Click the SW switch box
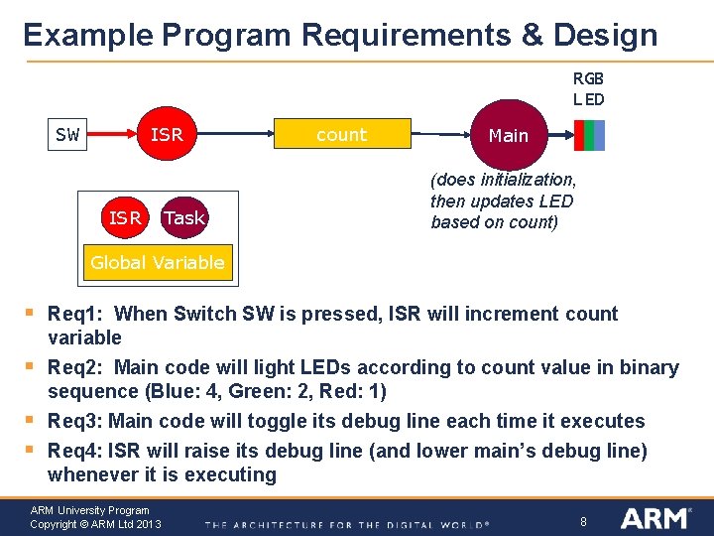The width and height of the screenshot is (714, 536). coord(67,135)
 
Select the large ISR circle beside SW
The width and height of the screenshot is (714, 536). coord(167,135)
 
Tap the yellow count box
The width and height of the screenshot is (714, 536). coord(341,135)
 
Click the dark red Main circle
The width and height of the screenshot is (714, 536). coord(508,135)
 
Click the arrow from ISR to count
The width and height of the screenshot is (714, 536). coord(237,135)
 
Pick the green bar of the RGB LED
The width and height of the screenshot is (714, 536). coord(589,135)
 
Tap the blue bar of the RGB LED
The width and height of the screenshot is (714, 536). coord(599,135)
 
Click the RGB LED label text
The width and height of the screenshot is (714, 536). coord(588,88)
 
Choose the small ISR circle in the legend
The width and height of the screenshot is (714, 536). coord(125,217)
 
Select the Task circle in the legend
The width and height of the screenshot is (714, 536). coord(183,217)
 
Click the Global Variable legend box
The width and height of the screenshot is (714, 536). coord(157,263)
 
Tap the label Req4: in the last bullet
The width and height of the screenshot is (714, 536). coord(75,452)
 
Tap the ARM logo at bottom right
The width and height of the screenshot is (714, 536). coord(654,517)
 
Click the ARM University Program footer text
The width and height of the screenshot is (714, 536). coord(89,510)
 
